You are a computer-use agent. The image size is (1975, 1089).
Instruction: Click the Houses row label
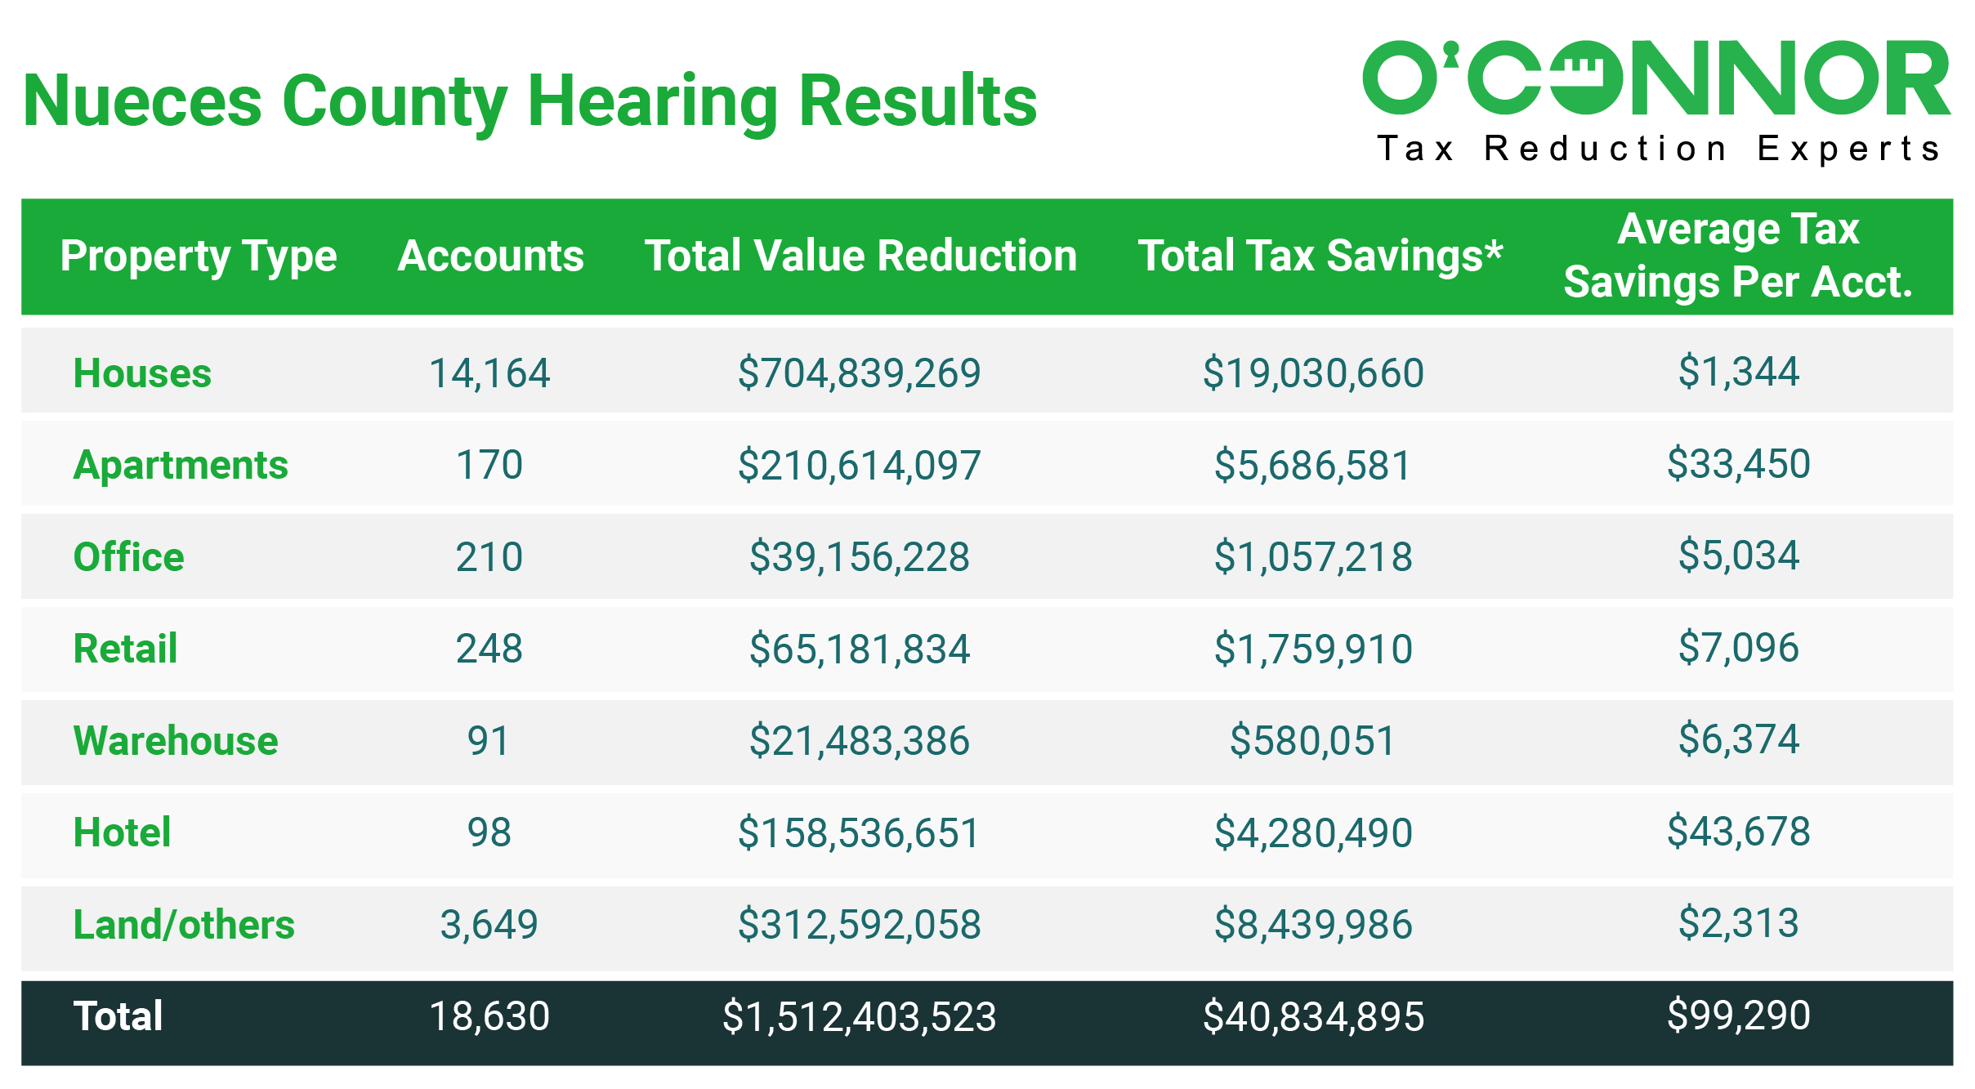pos(142,373)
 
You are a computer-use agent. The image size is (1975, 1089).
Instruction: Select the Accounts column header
pos(490,256)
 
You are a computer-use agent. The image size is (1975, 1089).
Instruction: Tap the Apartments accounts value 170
pos(489,465)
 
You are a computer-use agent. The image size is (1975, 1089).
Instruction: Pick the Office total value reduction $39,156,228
pos(859,557)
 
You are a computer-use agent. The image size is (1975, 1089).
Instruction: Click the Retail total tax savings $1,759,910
pos(1313,649)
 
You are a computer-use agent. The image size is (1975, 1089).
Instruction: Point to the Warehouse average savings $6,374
pos(1738,739)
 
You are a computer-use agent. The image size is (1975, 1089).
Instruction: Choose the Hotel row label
pos(123,832)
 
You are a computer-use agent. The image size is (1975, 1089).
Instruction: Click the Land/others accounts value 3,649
pos(489,925)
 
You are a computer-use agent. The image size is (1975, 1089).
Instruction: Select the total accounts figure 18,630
pos(489,1016)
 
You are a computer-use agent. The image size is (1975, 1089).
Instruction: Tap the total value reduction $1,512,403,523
pos(859,1017)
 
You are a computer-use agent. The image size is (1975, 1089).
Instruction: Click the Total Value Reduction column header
pos(860,256)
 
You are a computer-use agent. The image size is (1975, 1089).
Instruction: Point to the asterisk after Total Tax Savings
pos(1494,248)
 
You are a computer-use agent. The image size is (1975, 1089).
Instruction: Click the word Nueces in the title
pos(142,101)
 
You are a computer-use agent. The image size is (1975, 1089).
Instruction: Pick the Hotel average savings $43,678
pos(1738,832)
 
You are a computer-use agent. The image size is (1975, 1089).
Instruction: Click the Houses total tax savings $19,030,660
pos(1313,373)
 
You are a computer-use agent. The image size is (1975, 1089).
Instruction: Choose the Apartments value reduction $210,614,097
pos(859,465)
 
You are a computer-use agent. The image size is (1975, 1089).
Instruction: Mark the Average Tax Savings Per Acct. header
pos(1737,256)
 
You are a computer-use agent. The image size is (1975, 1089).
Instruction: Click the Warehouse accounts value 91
pos(489,741)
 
